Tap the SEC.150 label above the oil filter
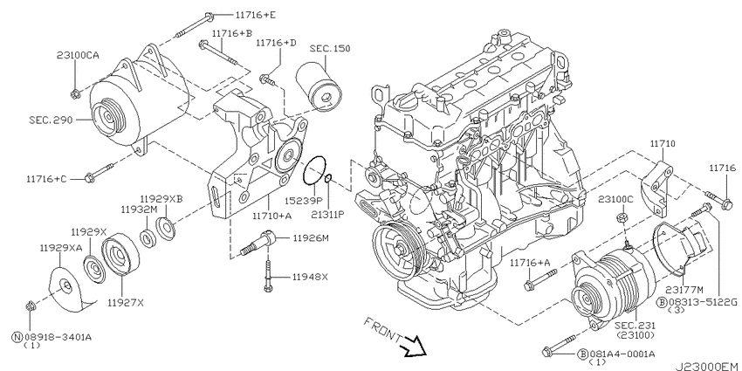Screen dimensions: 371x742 [333, 50]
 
